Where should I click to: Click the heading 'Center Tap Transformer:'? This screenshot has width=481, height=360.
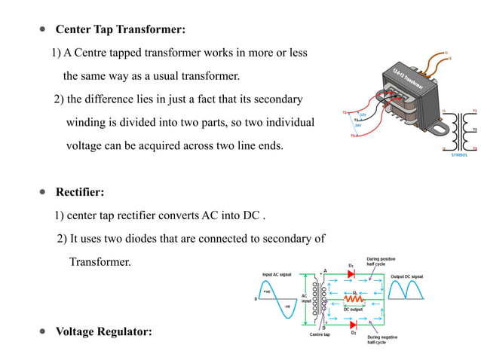coord(121,29)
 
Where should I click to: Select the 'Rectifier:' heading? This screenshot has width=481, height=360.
coord(80,192)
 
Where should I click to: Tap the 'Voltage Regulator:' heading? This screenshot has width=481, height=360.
coord(103,331)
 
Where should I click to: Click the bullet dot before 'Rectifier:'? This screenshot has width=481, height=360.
coord(42,192)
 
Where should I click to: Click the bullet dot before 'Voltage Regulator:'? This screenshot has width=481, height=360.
coord(42,331)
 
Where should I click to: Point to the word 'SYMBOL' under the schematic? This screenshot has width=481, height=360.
coord(459,154)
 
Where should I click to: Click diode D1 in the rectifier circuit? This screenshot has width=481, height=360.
coord(351,274)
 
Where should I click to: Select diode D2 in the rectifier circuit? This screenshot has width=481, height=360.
coord(351,324)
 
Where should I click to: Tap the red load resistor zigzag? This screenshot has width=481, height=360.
coord(354,299)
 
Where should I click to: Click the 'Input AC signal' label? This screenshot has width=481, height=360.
coord(277,276)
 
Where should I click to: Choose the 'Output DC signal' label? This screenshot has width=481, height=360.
coord(406,276)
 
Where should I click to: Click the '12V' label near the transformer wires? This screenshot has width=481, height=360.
coord(363,114)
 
